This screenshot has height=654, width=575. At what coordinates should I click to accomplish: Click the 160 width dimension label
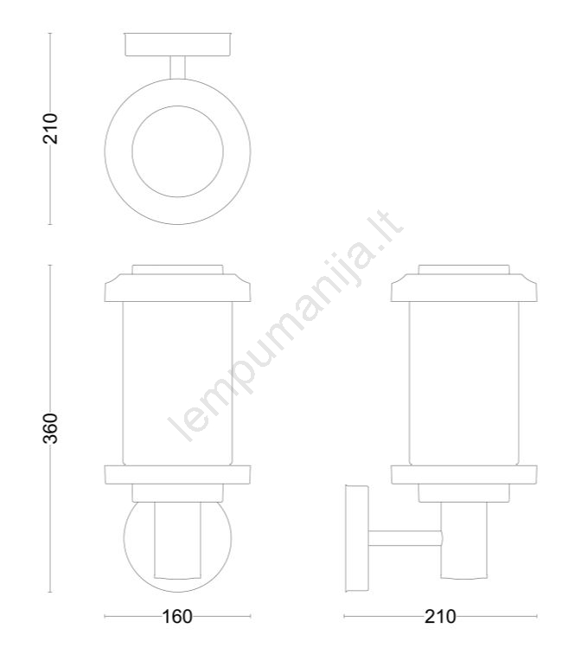[176, 617]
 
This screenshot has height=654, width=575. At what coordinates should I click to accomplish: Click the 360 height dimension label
[50, 428]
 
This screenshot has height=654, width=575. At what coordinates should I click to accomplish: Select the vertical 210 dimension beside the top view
[50, 128]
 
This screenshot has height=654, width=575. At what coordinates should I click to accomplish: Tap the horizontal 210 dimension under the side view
[440, 617]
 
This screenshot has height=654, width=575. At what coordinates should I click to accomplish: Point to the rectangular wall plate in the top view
[177, 44]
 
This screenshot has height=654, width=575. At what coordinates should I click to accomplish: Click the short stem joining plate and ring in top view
[177, 67]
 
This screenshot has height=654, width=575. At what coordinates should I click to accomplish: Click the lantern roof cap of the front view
[177, 288]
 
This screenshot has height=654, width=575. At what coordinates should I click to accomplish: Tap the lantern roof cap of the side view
[464, 288]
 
